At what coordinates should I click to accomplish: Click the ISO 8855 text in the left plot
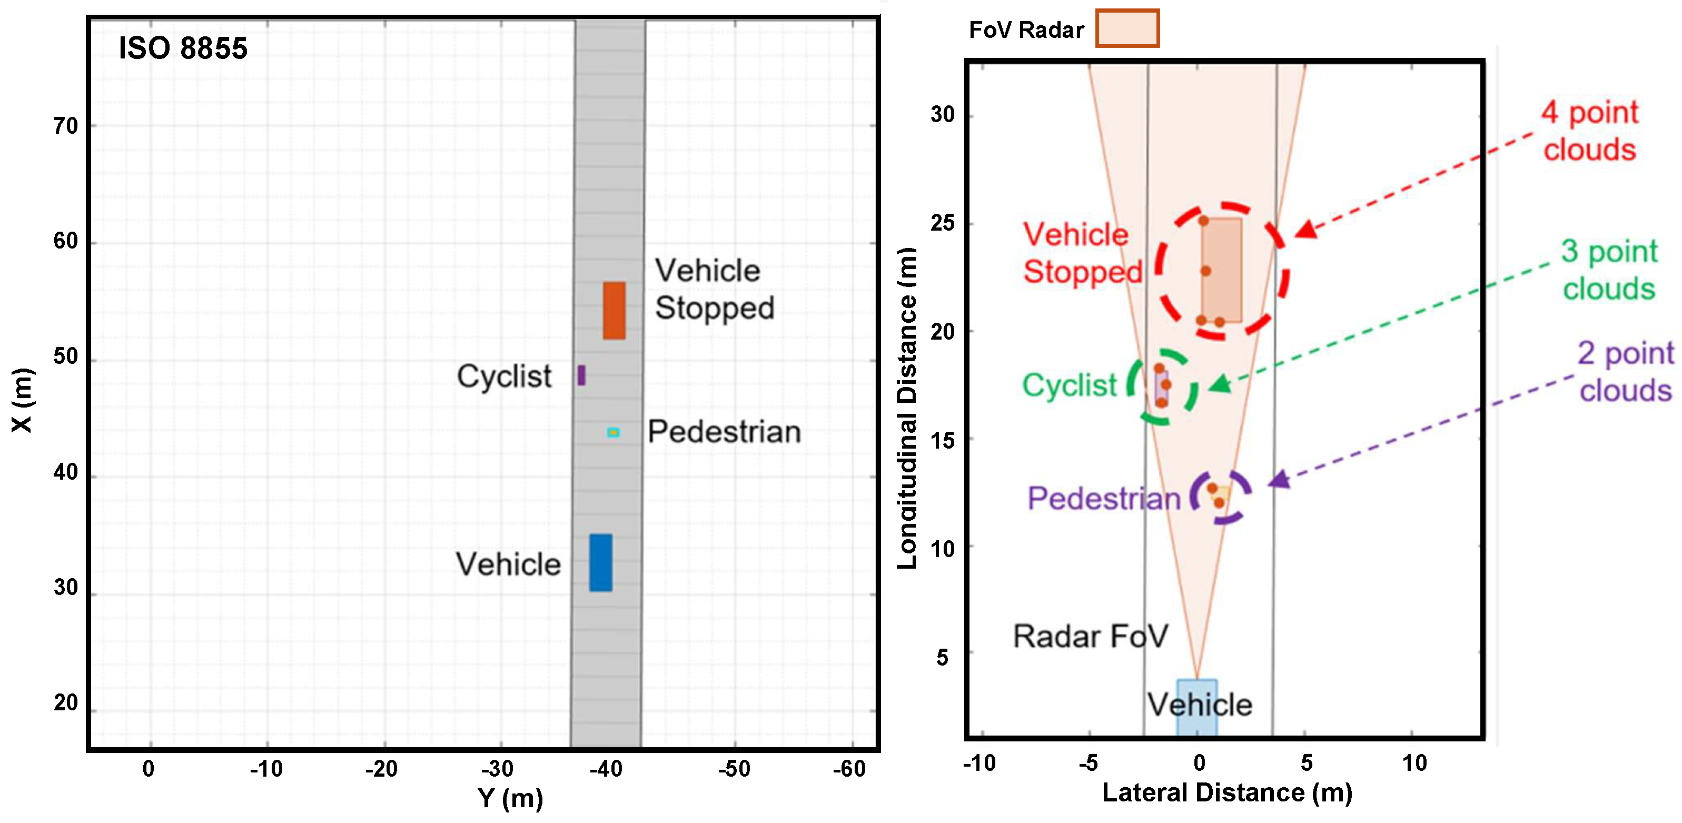tap(183, 48)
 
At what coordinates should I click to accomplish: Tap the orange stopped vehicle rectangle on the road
tap(614, 311)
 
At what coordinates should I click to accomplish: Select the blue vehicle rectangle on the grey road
tap(601, 562)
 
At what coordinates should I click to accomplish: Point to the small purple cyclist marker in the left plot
tap(581, 375)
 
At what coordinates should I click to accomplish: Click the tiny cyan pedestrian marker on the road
tap(613, 432)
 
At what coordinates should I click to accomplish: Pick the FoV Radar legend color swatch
tap(1127, 28)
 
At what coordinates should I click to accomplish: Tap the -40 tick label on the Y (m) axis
tap(606, 769)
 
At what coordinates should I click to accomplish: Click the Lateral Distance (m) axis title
tap(1227, 792)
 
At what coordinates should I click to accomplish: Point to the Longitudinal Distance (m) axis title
tap(907, 408)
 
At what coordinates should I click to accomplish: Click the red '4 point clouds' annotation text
tap(1589, 131)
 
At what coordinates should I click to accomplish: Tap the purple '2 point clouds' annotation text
tap(1625, 372)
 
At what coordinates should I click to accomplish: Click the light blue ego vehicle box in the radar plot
tap(1196, 708)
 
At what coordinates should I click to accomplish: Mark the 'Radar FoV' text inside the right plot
tap(1090, 637)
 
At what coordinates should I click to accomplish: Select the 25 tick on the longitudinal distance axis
tap(942, 223)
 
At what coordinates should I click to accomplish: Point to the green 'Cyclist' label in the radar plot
tap(1069, 385)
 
